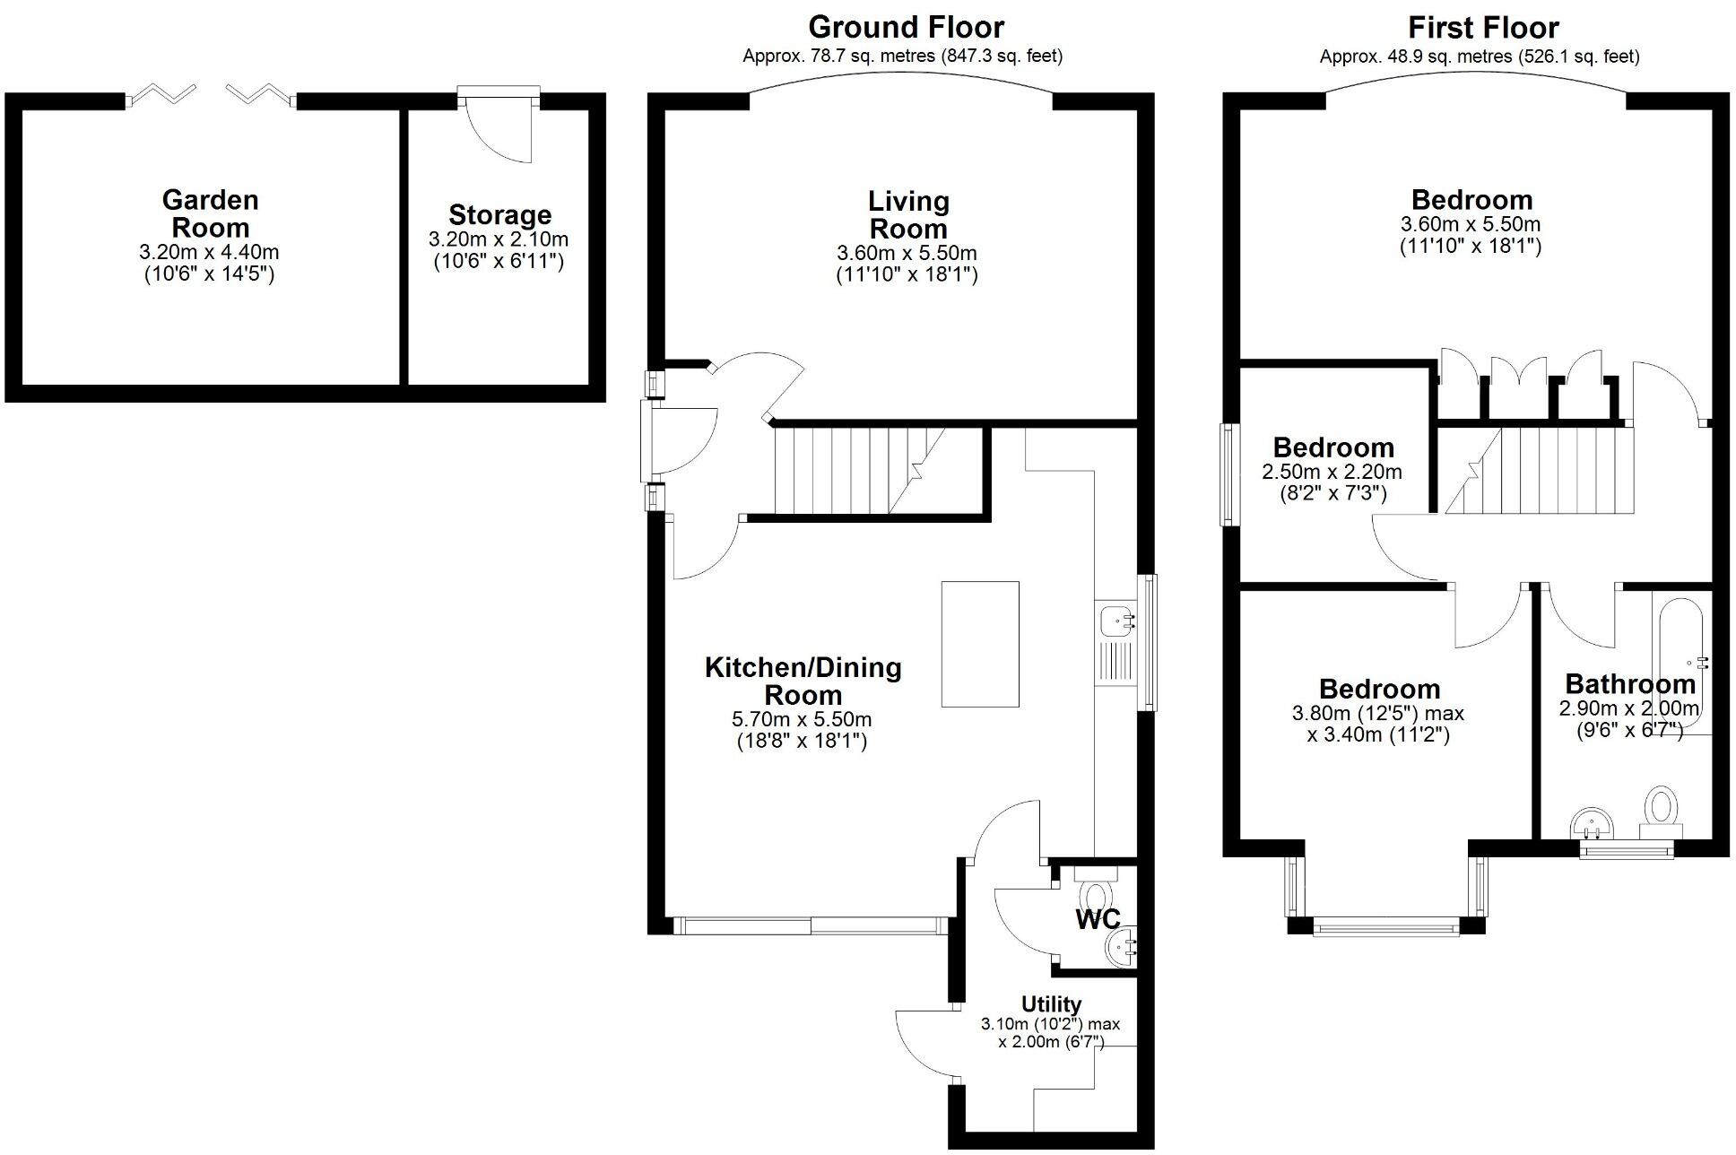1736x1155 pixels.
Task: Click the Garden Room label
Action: [210, 213]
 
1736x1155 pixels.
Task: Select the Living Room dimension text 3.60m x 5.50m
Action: [907, 254]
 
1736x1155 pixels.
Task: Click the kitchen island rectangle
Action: [980, 644]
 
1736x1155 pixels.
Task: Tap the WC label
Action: [1098, 919]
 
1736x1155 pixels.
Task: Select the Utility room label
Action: [1051, 1003]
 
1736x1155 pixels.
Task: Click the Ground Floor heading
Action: [906, 27]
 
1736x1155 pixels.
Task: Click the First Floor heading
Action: [1483, 27]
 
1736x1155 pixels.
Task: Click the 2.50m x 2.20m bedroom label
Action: [1332, 447]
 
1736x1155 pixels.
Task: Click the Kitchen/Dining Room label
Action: [803, 681]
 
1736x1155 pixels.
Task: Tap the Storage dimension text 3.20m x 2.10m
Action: [499, 239]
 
